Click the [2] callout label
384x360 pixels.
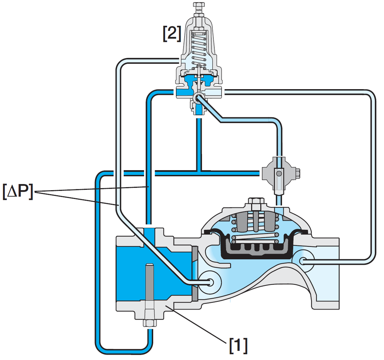tap(172, 33)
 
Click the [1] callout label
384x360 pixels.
tap(238, 345)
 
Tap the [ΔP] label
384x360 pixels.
tap(18, 191)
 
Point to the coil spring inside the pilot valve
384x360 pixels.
tap(199, 48)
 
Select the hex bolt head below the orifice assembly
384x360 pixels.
tap(150, 323)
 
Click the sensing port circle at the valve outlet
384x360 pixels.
tap(304, 261)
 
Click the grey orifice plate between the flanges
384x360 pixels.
tap(195, 274)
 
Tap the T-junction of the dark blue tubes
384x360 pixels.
tap(199, 173)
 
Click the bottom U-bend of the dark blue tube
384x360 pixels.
tap(124, 351)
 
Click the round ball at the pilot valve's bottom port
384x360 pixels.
tap(198, 98)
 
